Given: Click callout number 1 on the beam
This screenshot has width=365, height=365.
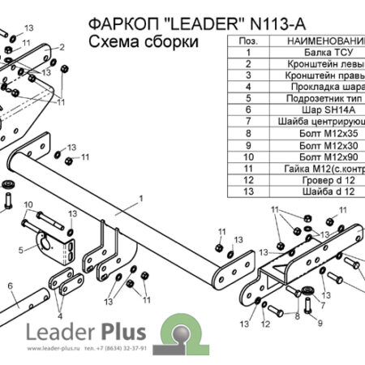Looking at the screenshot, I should point(140,197).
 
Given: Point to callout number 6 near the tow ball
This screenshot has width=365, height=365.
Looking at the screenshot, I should point(11,286).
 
